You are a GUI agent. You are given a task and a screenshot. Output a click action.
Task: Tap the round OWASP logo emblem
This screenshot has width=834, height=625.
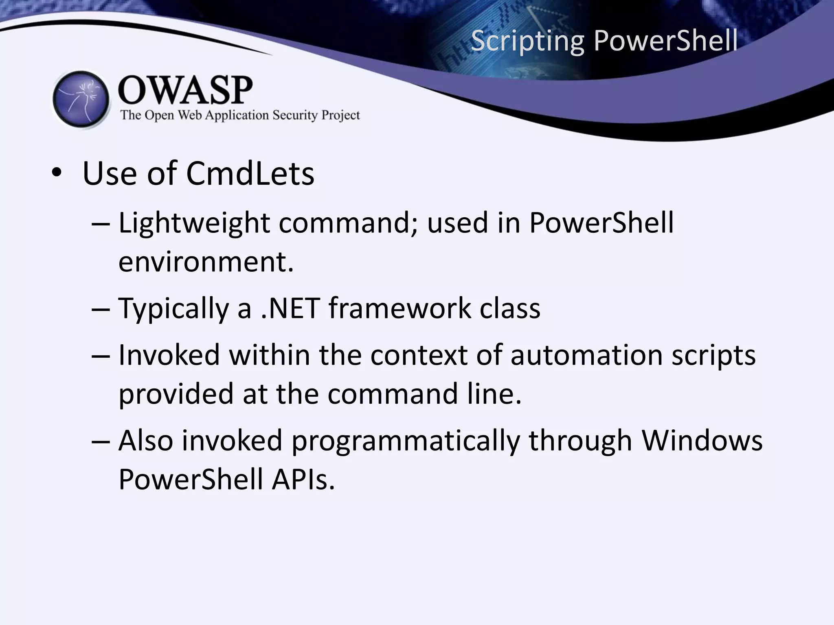tap(81, 99)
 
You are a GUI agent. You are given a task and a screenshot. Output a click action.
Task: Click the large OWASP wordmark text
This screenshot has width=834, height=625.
tap(185, 90)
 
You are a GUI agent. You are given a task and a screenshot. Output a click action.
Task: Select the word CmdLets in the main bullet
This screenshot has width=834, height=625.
tap(250, 174)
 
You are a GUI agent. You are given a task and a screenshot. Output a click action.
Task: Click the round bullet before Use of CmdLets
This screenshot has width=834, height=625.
tap(57, 174)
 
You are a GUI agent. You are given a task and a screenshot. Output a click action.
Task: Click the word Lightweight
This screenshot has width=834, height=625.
tap(194, 224)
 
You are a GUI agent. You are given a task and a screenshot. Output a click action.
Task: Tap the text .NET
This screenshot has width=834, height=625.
tap(290, 308)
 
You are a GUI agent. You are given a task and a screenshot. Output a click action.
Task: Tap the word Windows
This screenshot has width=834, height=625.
tap(702, 441)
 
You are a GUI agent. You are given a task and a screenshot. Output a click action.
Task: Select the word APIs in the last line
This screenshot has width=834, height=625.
tap(303, 480)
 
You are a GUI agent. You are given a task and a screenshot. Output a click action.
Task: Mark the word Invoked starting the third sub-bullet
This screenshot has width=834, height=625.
tap(169, 355)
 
